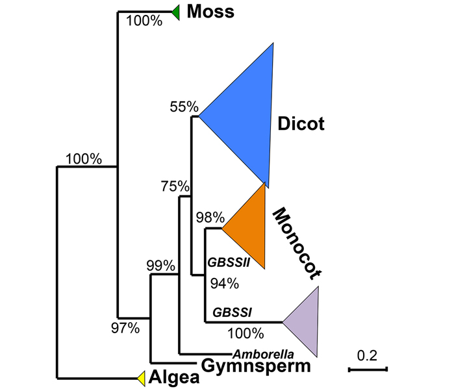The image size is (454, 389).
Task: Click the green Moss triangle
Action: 177,12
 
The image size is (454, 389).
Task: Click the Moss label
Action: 210,12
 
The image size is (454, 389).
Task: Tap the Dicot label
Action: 301,123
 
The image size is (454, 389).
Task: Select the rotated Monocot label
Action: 297,244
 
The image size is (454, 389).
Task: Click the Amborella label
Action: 263,354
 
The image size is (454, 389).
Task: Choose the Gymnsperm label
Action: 256,366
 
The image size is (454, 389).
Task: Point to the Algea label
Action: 174,377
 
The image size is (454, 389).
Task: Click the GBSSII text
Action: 229,263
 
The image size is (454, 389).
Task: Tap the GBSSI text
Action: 233,312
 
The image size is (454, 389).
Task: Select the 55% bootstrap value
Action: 184,107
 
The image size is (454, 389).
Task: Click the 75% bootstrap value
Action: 175,186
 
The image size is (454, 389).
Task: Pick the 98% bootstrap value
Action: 210,217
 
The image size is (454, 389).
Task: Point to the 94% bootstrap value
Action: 225,283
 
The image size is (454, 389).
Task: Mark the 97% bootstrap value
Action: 125,328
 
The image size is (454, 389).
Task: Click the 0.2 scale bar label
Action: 367,355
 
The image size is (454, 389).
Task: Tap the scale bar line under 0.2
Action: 368,370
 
